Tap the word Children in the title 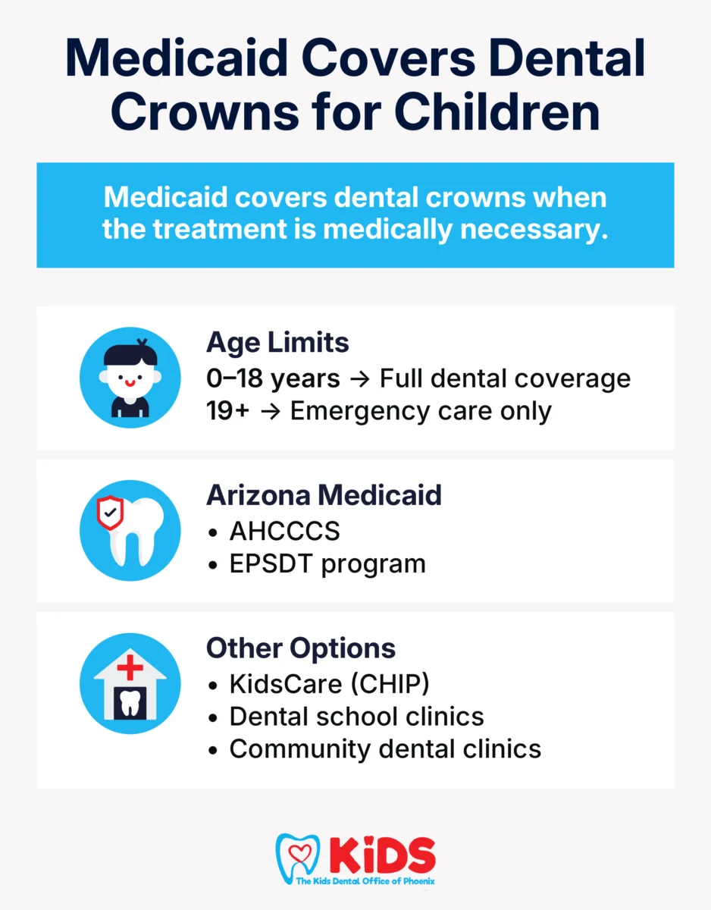tap(497, 111)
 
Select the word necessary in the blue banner tap(534, 230)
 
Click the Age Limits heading tap(277, 344)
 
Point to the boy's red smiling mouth tap(130, 382)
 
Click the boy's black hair tap(130, 354)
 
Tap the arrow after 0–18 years tap(360, 379)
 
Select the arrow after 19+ tap(271, 412)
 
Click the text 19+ tap(227, 411)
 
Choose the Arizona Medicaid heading tap(324, 495)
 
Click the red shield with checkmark tap(110, 512)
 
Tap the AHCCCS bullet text tap(284, 531)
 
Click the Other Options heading tap(301, 648)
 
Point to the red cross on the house tap(130, 667)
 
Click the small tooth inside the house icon tap(130, 703)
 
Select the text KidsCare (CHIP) tap(329, 684)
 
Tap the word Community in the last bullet tap(300, 749)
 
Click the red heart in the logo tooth tap(300, 852)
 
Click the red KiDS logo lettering tap(383, 855)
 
